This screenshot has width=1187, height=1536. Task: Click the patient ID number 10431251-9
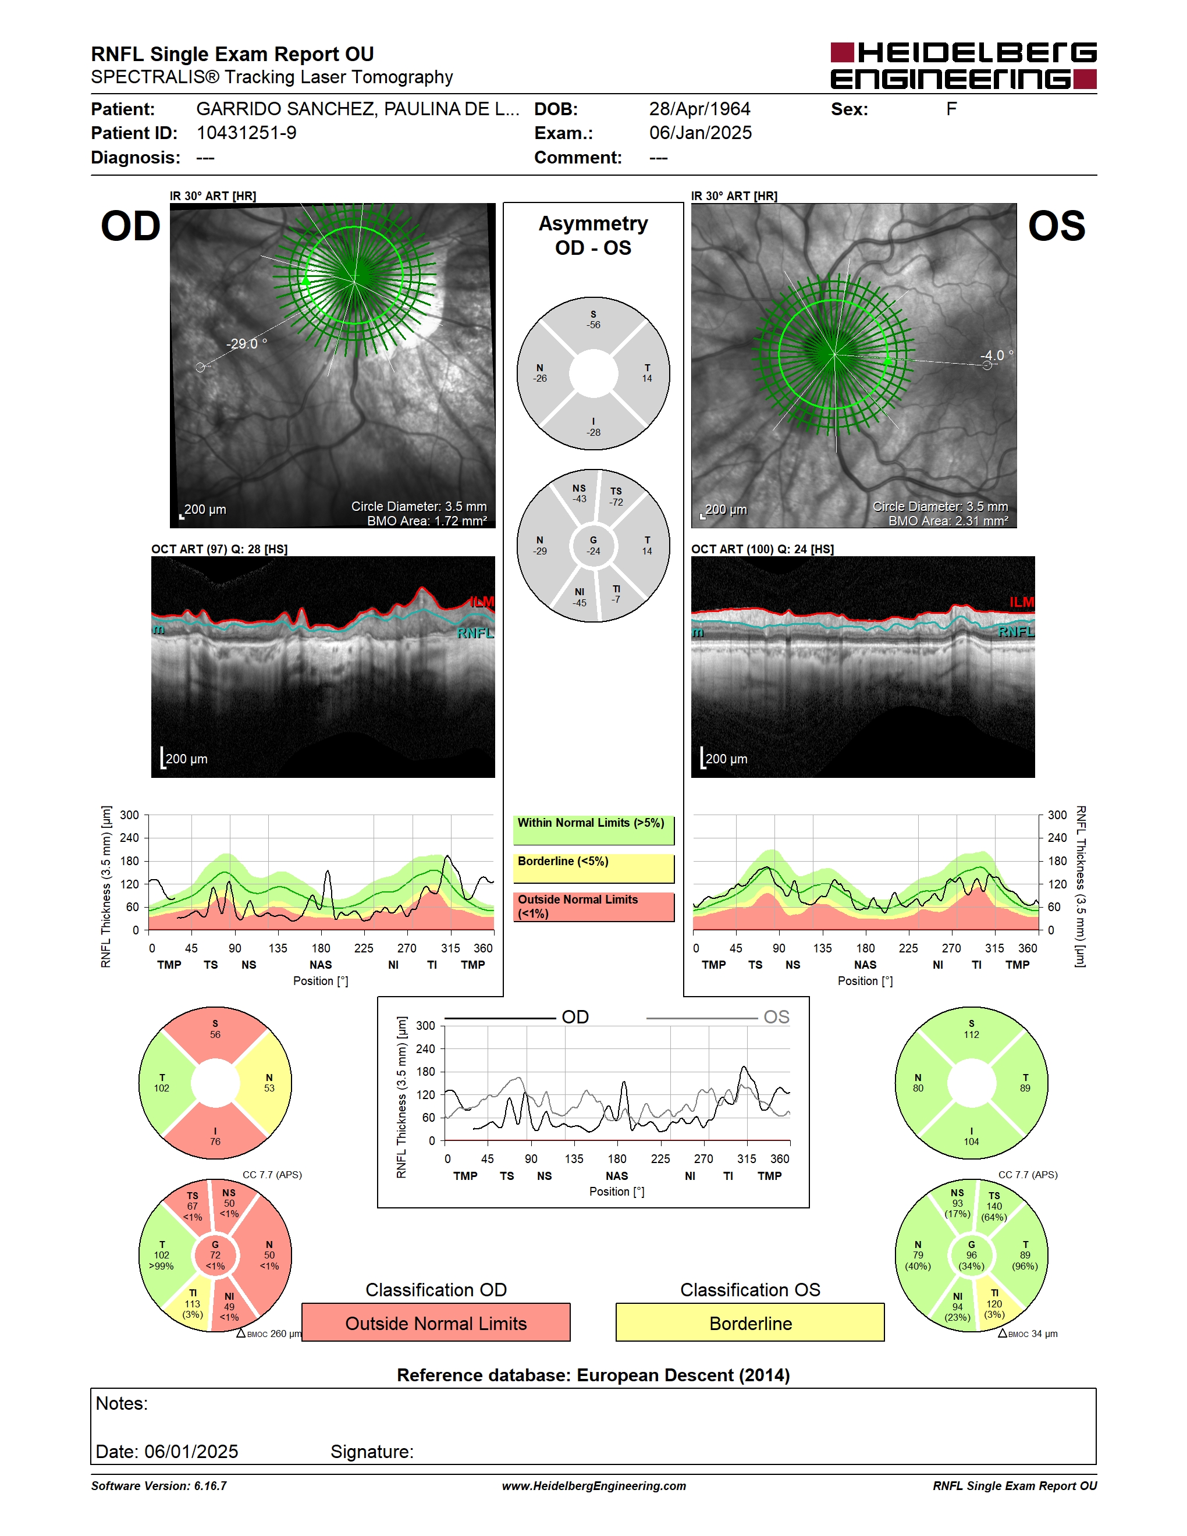[246, 133]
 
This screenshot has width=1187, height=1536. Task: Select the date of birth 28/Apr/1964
[699, 109]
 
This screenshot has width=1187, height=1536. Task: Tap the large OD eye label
[131, 226]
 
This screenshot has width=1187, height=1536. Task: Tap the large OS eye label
[1056, 226]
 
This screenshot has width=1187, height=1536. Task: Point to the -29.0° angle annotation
[246, 344]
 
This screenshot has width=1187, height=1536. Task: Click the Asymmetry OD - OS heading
[593, 236]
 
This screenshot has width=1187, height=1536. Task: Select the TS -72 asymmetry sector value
[616, 496]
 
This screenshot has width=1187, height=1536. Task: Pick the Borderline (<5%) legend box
[593, 869]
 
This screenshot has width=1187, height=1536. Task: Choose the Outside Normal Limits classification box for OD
[436, 1322]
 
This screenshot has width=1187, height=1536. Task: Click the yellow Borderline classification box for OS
[751, 1322]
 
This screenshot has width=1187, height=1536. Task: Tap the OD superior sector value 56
[215, 1034]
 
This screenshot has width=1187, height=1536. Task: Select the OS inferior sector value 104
[971, 1142]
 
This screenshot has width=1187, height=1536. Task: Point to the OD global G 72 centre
[215, 1254]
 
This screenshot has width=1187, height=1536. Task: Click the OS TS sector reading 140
[994, 1206]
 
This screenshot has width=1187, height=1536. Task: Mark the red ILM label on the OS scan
[1022, 602]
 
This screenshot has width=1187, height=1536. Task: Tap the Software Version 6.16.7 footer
[159, 1486]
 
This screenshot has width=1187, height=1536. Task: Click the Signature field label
[372, 1452]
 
